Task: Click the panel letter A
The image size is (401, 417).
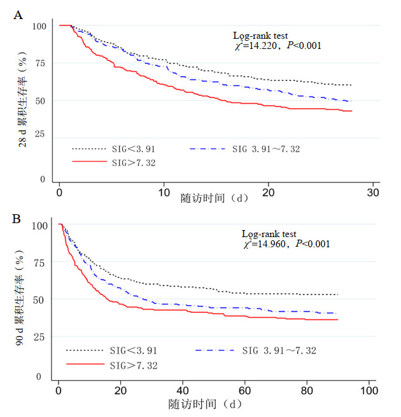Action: (18, 15)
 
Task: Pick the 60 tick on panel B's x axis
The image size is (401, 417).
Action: (245, 390)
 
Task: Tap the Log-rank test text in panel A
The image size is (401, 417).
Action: (258, 37)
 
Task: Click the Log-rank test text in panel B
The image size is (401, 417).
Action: (269, 235)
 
